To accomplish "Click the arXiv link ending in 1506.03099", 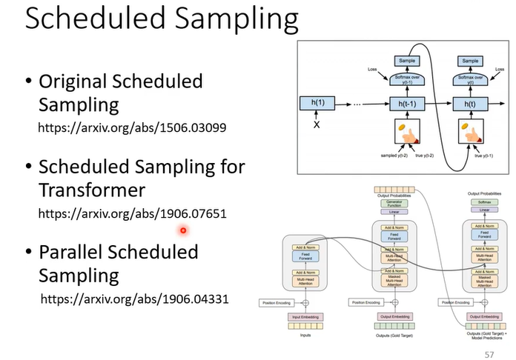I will [x=131, y=127].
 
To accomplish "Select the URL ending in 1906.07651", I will [x=132, y=213].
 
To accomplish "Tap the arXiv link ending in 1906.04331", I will [x=134, y=299].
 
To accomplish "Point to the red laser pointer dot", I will [x=182, y=230].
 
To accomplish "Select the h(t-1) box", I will [x=406, y=104].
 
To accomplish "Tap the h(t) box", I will [x=469, y=104].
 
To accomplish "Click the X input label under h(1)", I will [x=318, y=126].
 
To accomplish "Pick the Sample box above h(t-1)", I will [x=406, y=60].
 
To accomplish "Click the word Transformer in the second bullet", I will [x=91, y=190].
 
